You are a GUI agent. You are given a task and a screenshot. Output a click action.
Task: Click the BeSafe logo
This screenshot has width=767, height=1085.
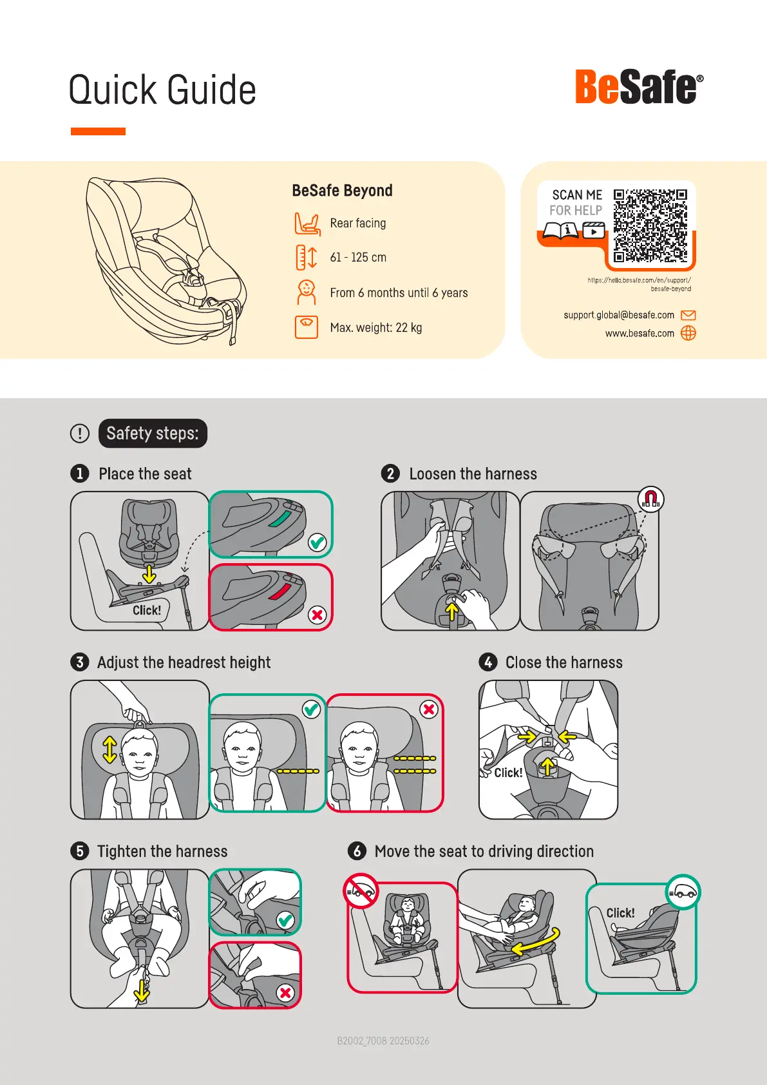[639, 87]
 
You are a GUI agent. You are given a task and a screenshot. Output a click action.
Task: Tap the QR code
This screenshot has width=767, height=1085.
[650, 226]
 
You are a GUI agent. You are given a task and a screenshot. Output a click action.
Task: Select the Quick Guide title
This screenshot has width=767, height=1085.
[162, 90]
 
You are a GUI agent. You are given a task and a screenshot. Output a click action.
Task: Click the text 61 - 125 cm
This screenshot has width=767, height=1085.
[358, 257]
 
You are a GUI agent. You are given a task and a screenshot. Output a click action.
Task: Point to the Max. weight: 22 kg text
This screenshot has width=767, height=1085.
[375, 327]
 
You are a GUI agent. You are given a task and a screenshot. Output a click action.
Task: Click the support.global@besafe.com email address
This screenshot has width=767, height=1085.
[619, 315]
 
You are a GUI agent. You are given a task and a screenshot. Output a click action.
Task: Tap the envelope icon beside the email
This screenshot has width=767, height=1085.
[688, 315]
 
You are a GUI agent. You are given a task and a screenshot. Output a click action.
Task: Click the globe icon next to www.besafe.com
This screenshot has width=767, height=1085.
[688, 333]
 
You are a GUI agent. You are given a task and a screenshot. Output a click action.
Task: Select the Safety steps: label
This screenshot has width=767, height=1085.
[153, 433]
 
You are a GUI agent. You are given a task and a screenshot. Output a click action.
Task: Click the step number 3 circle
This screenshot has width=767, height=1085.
[80, 662]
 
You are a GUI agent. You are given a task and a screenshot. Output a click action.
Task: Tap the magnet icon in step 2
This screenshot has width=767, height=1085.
[650, 499]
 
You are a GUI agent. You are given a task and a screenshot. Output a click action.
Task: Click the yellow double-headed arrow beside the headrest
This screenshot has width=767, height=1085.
[110, 750]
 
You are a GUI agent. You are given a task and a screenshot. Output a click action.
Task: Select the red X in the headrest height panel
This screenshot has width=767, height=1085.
[428, 709]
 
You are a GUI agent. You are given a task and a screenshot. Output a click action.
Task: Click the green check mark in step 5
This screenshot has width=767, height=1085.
[285, 920]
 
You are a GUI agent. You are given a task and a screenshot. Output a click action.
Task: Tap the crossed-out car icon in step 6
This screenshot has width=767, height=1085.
[361, 890]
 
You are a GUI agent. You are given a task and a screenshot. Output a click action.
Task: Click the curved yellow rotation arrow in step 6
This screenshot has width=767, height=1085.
[536, 941]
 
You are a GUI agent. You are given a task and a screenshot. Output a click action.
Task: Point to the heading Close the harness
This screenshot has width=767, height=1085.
[564, 662]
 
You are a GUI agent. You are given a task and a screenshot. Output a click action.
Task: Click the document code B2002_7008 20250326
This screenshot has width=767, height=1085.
[383, 1041]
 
